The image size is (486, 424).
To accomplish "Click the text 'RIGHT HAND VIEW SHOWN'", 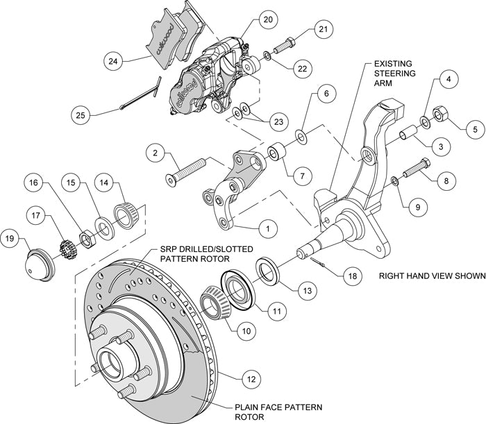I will coord(431,275).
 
